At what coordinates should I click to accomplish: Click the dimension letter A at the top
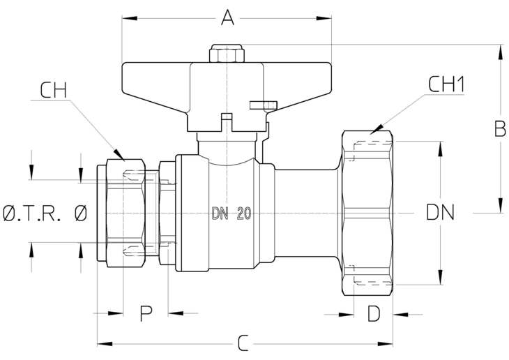click(227, 17)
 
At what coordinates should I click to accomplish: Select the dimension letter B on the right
click(499, 128)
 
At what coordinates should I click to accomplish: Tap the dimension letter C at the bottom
click(243, 343)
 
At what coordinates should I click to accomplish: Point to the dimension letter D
click(374, 314)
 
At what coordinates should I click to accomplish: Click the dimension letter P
click(146, 313)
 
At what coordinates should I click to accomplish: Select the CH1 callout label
click(446, 84)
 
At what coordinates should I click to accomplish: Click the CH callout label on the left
click(54, 90)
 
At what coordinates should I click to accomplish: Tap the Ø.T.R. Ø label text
click(45, 213)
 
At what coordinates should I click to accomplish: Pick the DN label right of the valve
click(440, 213)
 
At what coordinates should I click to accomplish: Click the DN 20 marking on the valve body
click(231, 213)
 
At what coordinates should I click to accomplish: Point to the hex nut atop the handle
click(227, 54)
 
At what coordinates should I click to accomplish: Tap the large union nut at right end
click(367, 213)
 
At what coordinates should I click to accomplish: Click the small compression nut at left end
click(126, 213)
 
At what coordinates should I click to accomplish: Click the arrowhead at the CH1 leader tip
click(377, 130)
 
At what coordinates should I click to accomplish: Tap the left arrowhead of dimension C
click(105, 344)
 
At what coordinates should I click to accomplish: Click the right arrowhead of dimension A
click(324, 18)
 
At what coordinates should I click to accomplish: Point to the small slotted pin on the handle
click(264, 105)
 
